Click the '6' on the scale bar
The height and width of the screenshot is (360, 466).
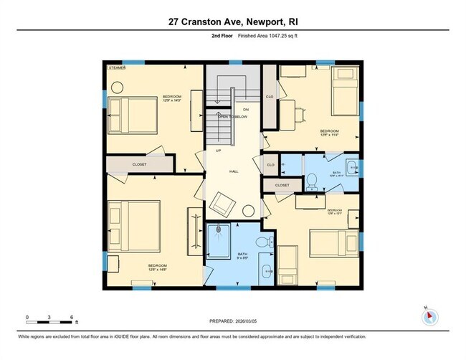[x=72, y=316]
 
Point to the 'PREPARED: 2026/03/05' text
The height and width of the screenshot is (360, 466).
[x=233, y=321]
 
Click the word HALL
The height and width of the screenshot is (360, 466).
[x=233, y=172]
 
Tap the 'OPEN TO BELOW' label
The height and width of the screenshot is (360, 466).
[x=232, y=115]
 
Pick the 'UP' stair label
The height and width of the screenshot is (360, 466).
[x=218, y=151]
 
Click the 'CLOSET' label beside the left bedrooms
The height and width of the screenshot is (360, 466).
[x=139, y=164]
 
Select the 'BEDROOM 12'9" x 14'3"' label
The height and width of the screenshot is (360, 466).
[x=171, y=99]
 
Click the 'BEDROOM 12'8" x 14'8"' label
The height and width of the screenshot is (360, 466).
[x=158, y=267]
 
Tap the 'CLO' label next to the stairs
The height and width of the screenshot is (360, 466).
[x=270, y=95]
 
